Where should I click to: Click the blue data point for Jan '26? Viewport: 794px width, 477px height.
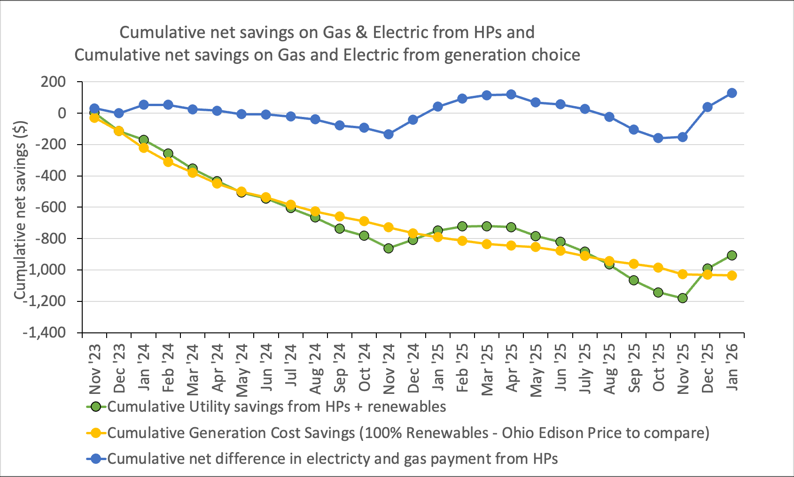(732, 93)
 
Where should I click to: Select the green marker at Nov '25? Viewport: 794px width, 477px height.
(683, 298)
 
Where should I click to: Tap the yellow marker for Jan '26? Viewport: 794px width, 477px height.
(732, 276)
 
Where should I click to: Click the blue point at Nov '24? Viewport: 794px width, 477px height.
(389, 134)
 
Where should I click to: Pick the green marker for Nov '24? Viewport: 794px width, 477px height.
(389, 248)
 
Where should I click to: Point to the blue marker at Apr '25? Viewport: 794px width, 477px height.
(511, 94)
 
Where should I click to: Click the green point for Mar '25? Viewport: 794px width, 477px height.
(487, 226)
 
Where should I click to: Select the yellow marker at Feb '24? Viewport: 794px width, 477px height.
(168, 162)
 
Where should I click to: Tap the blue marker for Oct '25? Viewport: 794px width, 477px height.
(658, 138)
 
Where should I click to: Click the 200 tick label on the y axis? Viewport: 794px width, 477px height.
(53, 82)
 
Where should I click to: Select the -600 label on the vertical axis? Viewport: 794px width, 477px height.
(50, 207)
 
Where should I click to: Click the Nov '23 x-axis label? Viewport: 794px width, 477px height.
(95, 369)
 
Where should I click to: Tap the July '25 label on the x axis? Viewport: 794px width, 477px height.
(585, 369)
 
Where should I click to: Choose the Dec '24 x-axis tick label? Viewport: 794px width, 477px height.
(414, 369)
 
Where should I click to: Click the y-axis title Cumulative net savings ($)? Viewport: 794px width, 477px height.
(20, 210)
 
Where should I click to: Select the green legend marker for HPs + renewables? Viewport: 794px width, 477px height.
(96, 407)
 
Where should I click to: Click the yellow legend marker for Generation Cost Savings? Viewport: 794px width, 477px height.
(96, 433)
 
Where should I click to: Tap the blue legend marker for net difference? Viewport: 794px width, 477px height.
(96, 459)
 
